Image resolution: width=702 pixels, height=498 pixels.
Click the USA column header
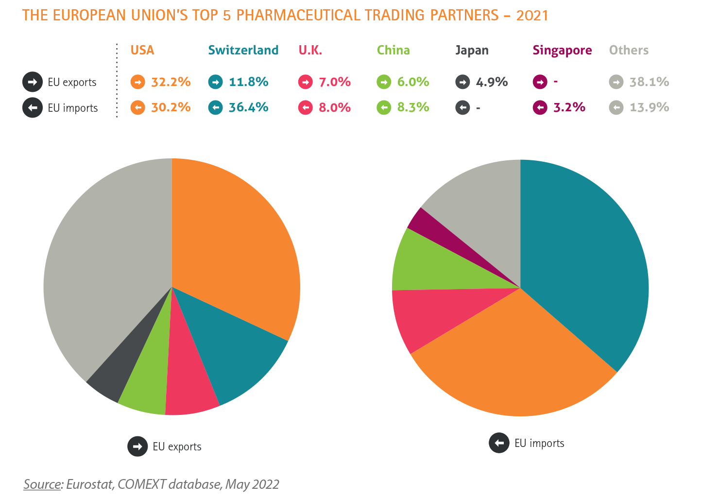pyautogui.click(x=142, y=51)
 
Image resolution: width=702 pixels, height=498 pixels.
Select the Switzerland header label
pyautogui.click(x=243, y=51)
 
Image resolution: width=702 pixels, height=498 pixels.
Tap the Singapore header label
pyautogui.click(x=562, y=51)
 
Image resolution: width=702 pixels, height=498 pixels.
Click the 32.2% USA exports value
pyautogui.click(x=171, y=82)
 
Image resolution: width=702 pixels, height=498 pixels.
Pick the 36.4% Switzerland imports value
pyautogui.click(x=248, y=107)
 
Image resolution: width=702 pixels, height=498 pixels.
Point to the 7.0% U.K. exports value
pyautogui.click(x=335, y=82)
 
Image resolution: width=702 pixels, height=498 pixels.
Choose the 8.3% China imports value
pyautogui.click(x=413, y=107)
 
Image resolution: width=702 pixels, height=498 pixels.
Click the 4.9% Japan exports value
pyautogui.click(x=492, y=82)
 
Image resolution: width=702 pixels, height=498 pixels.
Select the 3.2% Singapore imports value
pyautogui.click(x=569, y=107)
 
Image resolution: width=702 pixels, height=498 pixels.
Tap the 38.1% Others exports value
pyautogui.click(x=649, y=82)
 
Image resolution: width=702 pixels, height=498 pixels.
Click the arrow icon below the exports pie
pyautogui.click(x=137, y=446)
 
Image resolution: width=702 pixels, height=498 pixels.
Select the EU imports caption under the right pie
pyautogui.click(x=539, y=443)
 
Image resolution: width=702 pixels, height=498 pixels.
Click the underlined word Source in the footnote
pyautogui.click(x=43, y=484)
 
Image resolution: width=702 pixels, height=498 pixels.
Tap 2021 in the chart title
pyautogui.click(x=532, y=16)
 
